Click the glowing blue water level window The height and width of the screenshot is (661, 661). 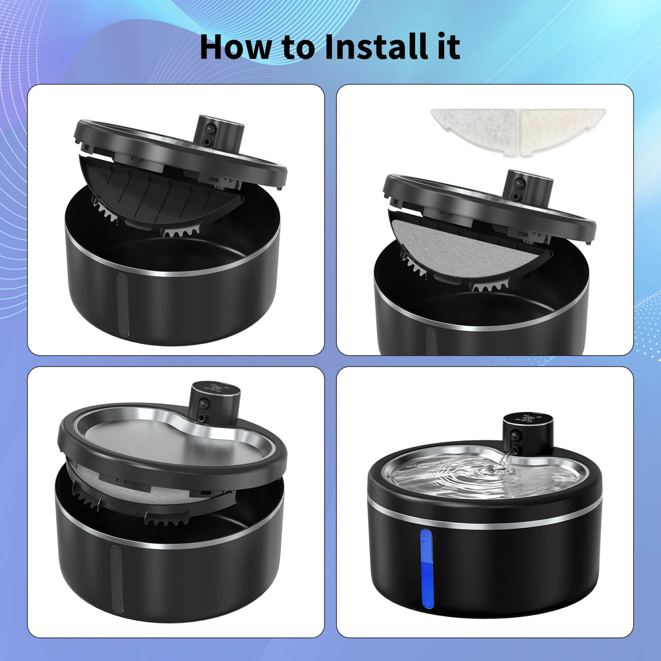point(427,568)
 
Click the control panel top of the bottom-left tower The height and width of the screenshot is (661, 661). point(216,388)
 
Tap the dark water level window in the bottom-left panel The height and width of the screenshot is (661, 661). point(116,578)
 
